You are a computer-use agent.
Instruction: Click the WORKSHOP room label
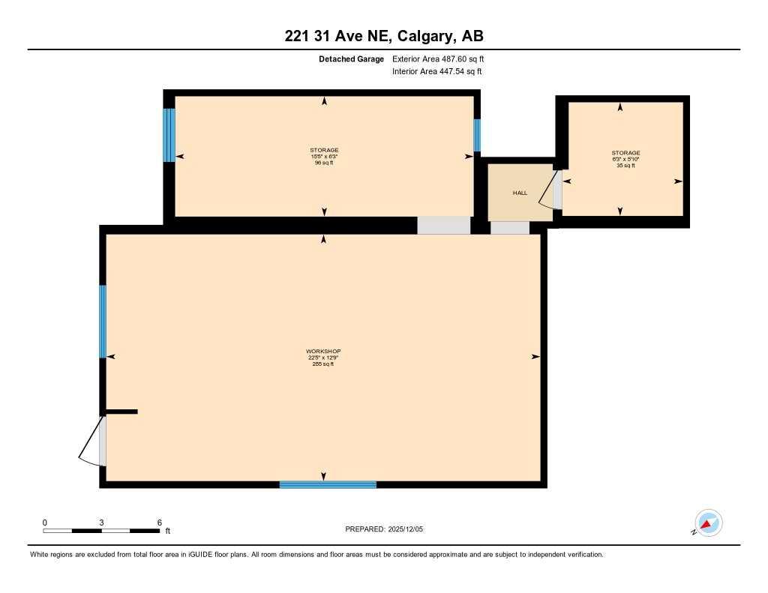coord(323,352)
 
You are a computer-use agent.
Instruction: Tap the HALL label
coord(520,193)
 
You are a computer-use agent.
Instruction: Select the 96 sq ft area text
coord(323,163)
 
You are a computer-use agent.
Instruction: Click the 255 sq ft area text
coord(323,364)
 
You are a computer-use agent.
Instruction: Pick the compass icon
coord(708,523)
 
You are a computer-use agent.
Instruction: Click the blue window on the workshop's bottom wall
coord(328,484)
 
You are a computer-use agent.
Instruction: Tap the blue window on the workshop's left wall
coord(103,322)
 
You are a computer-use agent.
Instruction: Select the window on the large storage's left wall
coord(169,135)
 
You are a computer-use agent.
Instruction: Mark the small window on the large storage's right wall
coord(476,135)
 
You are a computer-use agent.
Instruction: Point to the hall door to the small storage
coord(554,190)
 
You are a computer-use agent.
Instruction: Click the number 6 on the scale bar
coord(160,522)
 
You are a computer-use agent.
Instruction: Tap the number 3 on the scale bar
coord(101,522)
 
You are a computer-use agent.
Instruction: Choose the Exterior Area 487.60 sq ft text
coord(443,58)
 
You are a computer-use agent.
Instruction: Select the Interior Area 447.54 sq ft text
coord(436,72)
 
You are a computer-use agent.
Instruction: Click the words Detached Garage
coord(351,58)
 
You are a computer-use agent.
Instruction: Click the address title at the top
coord(383,36)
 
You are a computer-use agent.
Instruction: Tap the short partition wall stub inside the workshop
coord(121,411)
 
